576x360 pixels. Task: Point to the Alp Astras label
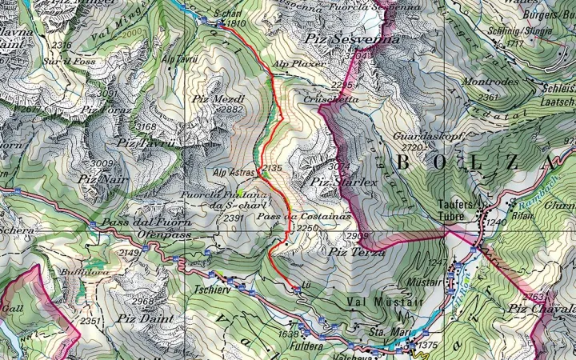(x=233, y=172)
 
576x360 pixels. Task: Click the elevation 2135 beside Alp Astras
(x=273, y=169)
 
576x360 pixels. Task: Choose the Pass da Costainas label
(x=293, y=217)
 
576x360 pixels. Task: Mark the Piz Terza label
(x=356, y=252)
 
